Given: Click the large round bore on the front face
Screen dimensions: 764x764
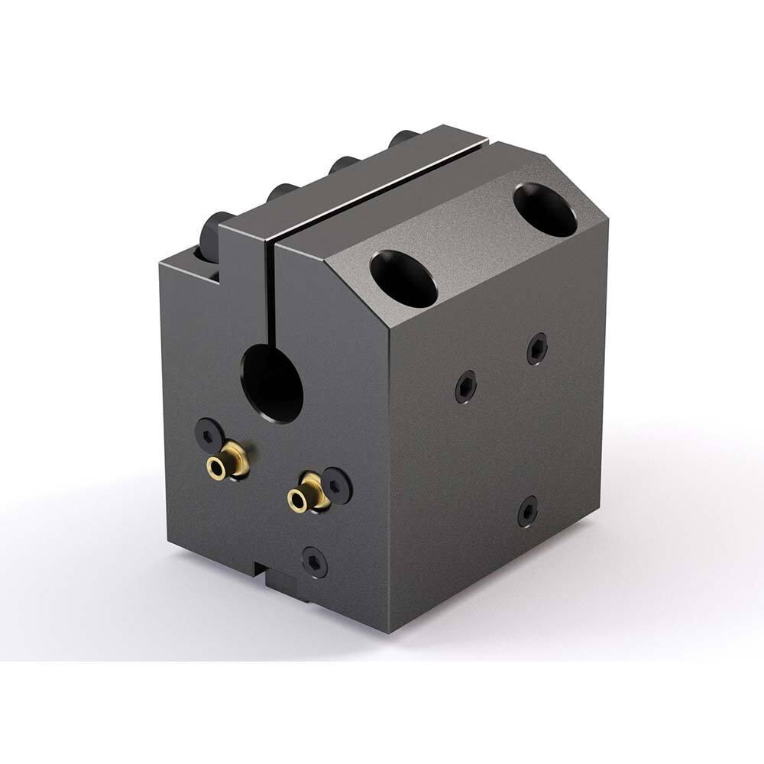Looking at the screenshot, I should click(x=272, y=381).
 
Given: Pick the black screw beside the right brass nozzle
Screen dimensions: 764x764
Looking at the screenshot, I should click(x=337, y=483).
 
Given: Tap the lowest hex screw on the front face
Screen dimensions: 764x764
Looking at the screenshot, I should click(x=314, y=562).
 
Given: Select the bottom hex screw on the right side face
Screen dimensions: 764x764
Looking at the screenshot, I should click(x=527, y=511).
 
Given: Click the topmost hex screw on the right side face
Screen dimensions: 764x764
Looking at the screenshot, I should click(x=537, y=348).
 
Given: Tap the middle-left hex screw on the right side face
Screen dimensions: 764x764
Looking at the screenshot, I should click(x=466, y=387).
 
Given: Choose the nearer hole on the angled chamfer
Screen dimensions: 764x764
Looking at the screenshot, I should click(x=403, y=278).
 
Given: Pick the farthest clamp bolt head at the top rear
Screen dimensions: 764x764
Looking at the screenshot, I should click(x=403, y=139).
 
